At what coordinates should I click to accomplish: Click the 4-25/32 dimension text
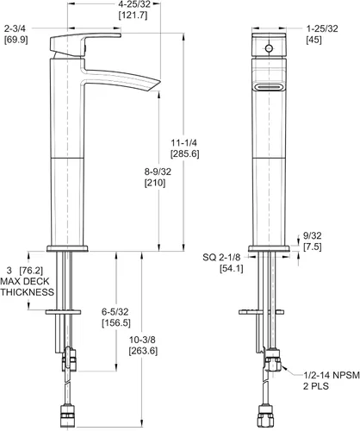[134, 4]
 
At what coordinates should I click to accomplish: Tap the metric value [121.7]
[133, 16]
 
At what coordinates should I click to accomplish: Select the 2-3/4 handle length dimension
[15, 28]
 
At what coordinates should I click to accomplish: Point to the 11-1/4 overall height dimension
[184, 143]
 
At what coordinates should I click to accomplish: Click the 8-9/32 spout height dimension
[158, 172]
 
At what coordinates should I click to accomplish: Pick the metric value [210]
[155, 183]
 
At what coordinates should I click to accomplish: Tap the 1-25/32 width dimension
[322, 28]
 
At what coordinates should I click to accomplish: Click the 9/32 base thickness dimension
[313, 236]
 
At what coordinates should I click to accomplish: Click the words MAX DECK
[25, 281]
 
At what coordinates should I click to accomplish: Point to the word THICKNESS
[28, 292]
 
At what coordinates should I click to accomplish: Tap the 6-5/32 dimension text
[115, 312]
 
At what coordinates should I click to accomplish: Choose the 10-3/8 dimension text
[142, 340]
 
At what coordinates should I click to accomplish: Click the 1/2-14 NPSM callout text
[332, 375]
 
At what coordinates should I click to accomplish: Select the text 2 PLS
[316, 386]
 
